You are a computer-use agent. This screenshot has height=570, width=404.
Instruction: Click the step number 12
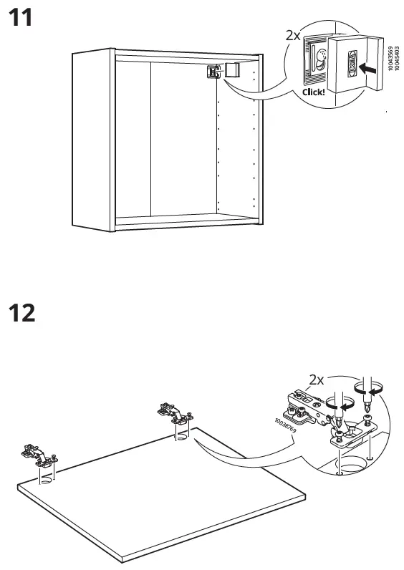click(21, 312)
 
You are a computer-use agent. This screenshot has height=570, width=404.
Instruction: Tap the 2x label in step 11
click(294, 35)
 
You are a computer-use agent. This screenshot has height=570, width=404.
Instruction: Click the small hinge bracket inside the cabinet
click(213, 72)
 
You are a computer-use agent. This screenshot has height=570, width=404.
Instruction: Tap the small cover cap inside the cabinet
click(231, 69)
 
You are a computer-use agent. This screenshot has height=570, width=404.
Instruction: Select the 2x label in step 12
click(317, 380)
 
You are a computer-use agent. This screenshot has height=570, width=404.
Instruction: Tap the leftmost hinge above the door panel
click(35, 453)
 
